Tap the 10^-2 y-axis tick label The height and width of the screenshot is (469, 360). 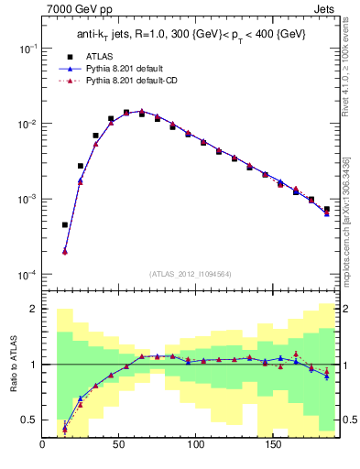point(27,124)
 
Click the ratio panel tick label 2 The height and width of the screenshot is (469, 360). point(34,309)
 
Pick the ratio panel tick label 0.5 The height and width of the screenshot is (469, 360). point(30,420)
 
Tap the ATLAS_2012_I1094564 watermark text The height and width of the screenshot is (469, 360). point(190,273)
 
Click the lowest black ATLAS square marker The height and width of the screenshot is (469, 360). point(65,224)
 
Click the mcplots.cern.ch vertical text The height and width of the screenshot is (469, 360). point(346,229)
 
